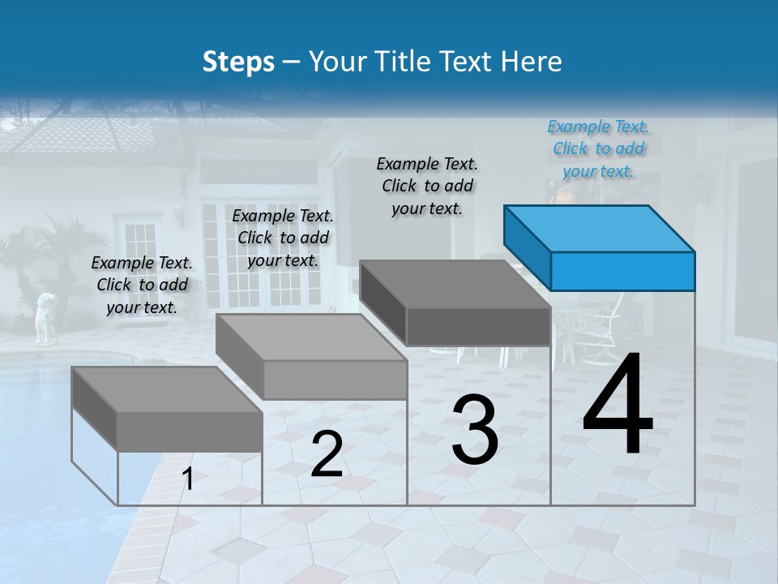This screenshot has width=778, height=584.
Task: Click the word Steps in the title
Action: pyautogui.click(x=238, y=62)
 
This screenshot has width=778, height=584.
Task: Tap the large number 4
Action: pyautogui.click(x=618, y=405)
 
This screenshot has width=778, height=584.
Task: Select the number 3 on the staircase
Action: pyautogui.click(x=475, y=429)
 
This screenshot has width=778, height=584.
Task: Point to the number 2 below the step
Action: pyautogui.click(x=327, y=454)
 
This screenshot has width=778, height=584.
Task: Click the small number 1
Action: pyautogui.click(x=188, y=479)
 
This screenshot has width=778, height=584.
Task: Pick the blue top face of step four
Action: pyautogui.click(x=598, y=228)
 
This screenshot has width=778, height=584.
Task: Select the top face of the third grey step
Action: pyautogui.click(x=454, y=284)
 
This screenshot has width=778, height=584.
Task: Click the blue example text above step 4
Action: pyautogui.click(x=598, y=148)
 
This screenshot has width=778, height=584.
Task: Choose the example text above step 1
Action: pyautogui.click(x=142, y=285)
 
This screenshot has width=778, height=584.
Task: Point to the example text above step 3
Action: pyautogui.click(x=427, y=186)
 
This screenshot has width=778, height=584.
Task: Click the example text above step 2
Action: pyautogui.click(x=283, y=238)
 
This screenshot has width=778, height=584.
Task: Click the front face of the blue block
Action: pyautogui.click(x=622, y=271)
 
